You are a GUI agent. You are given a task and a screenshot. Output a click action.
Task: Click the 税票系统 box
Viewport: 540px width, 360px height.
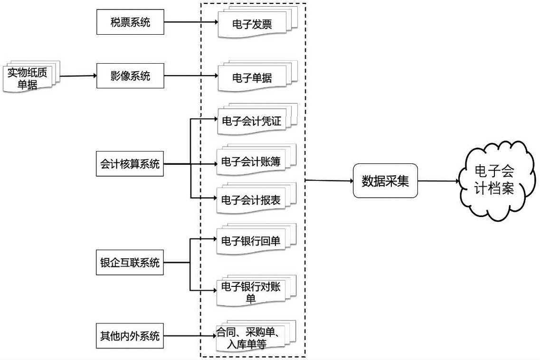pyautogui.click(x=130, y=21)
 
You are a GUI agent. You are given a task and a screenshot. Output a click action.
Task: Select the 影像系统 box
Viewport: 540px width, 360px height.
pyautogui.click(x=130, y=76)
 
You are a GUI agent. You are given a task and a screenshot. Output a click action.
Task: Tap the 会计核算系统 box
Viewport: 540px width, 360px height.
pyautogui.click(x=130, y=165)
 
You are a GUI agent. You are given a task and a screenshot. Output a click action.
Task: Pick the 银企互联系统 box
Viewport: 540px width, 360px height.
pyautogui.click(x=130, y=262)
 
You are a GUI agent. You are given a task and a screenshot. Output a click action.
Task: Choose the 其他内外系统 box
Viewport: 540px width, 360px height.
pyautogui.click(x=130, y=336)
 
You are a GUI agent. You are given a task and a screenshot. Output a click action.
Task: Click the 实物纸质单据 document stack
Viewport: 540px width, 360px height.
pyautogui.click(x=30, y=77)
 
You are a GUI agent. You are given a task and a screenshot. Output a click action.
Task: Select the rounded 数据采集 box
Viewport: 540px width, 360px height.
pyautogui.click(x=385, y=181)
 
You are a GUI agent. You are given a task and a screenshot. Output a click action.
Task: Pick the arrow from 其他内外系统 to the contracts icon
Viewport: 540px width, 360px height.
pyautogui.click(x=190, y=337)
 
